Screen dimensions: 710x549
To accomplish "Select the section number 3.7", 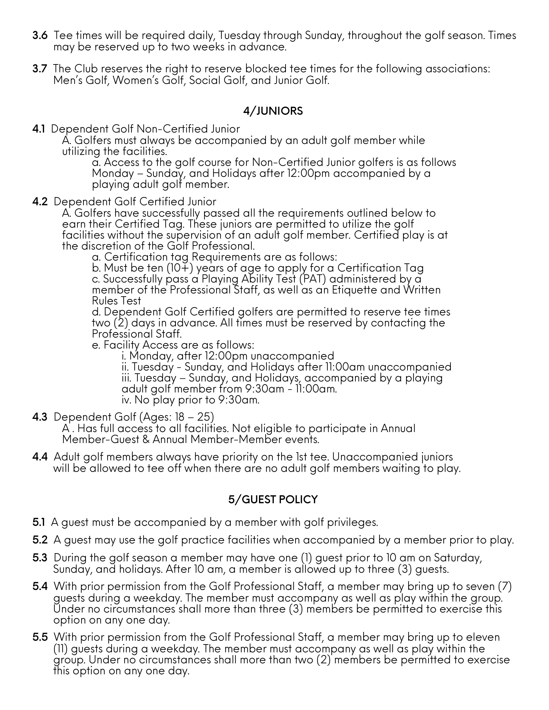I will [x=40, y=69].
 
